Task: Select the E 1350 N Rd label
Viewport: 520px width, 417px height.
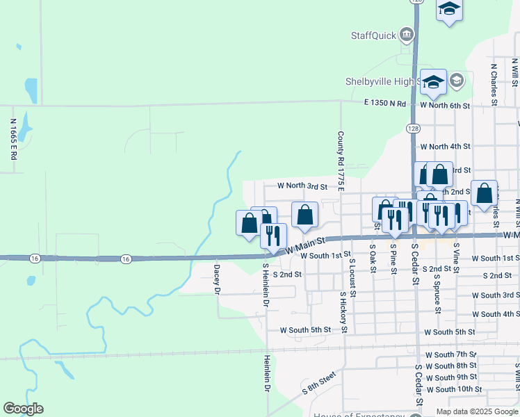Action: [x=385, y=104]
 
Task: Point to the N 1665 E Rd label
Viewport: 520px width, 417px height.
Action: [x=13, y=139]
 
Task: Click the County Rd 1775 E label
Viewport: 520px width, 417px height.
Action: [x=341, y=159]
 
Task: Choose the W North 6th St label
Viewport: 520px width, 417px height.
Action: [x=445, y=105]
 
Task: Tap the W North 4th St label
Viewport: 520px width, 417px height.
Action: [x=445, y=147]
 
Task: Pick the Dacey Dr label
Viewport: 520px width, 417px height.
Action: [x=217, y=278]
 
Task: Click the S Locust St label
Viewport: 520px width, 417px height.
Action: [x=352, y=277]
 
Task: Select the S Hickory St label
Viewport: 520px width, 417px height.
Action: [x=342, y=312]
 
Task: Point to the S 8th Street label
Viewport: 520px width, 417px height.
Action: [x=318, y=383]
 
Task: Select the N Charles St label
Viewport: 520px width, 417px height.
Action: [x=494, y=85]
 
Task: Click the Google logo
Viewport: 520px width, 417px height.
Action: [x=23, y=409]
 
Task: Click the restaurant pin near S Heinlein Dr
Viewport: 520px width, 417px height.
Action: [x=273, y=236]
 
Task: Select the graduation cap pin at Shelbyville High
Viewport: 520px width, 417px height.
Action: [x=433, y=81]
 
